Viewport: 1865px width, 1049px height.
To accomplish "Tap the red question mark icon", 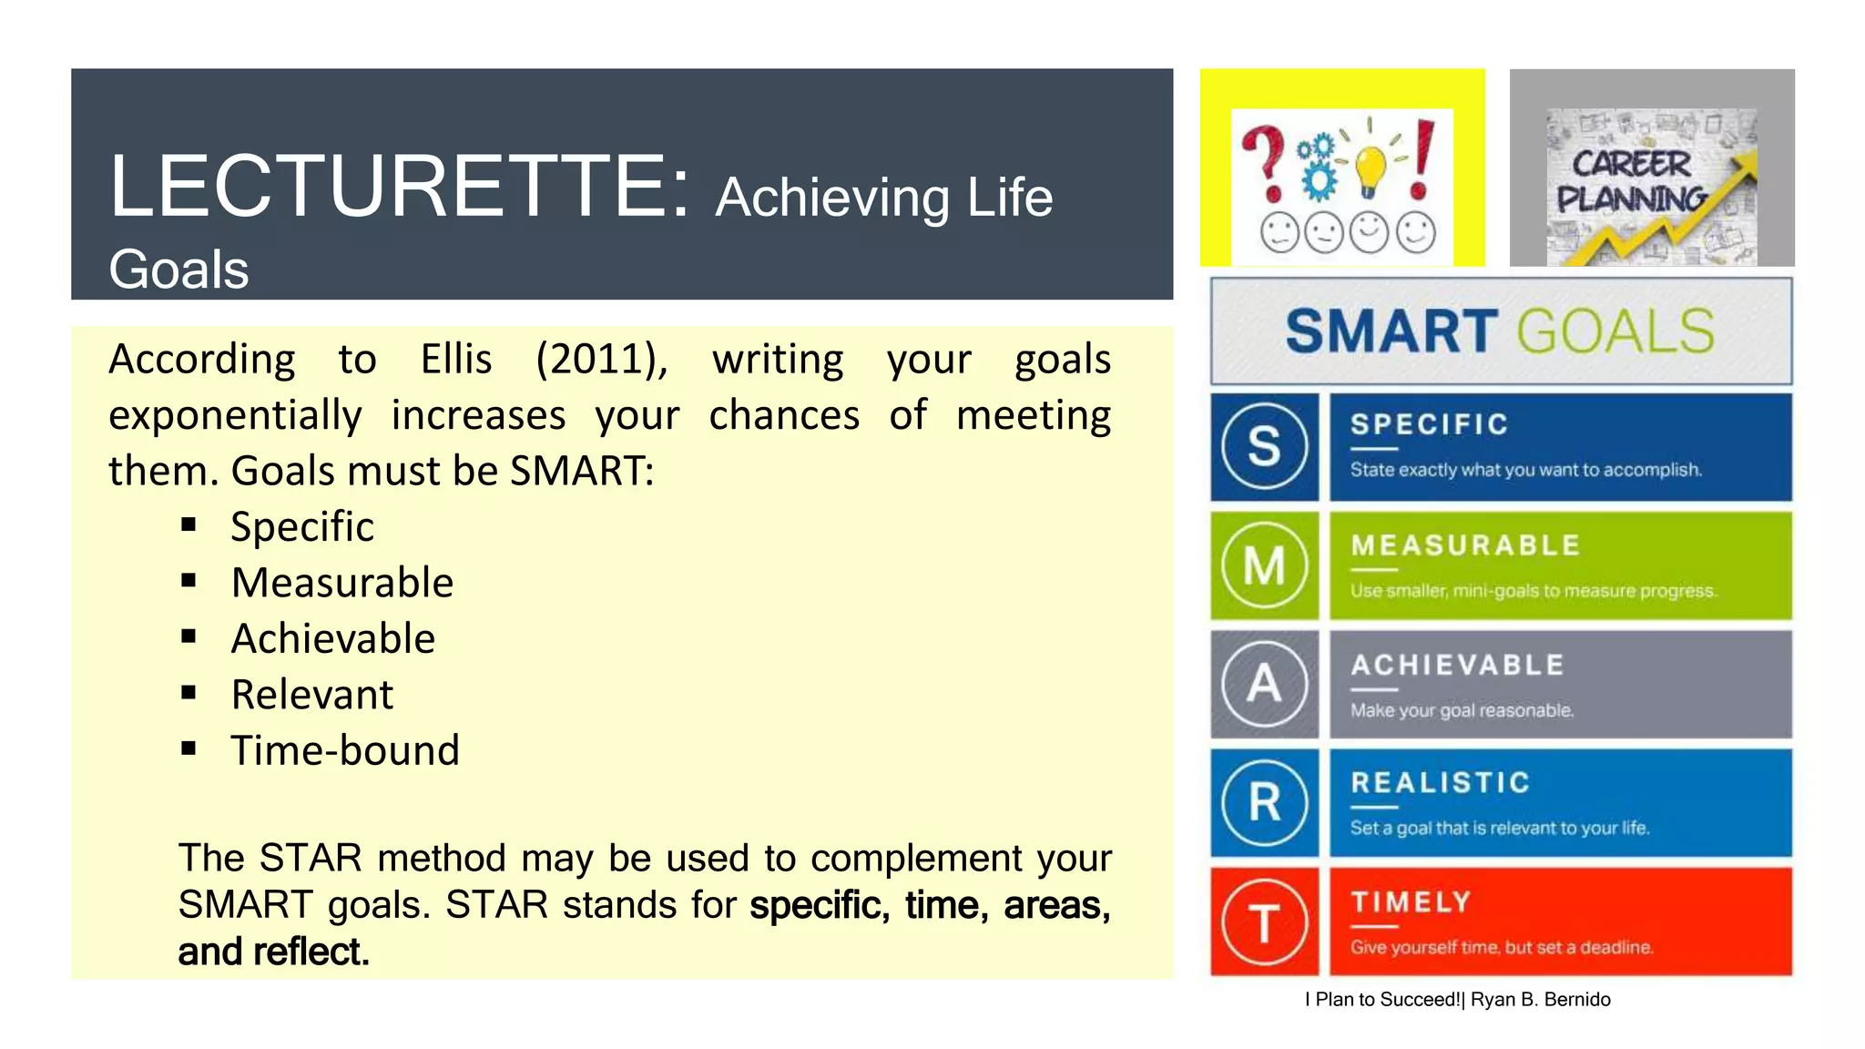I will [x=1265, y=162].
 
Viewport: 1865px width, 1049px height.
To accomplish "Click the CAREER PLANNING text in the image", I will [x=1630, y=181].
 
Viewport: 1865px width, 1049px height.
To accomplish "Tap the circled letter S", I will [x=1264, y=447].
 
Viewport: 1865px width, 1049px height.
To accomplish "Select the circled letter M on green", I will [x=1264, y=565].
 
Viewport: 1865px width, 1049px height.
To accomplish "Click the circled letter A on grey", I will [x=1264, y=684].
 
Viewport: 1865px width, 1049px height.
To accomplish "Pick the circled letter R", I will [x=1264, y=803].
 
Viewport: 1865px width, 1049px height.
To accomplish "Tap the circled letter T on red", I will [x=1264, y=922].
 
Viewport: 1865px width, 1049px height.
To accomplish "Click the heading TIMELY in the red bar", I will [x=1411, y=902].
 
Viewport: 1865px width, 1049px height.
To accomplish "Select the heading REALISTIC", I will [x=1440, y=783].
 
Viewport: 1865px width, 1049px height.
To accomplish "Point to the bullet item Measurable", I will [x=342, y=583].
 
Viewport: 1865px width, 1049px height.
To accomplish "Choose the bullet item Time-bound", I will [x=345, y=751].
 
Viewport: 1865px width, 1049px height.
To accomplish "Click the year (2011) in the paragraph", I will [x=601, y=359].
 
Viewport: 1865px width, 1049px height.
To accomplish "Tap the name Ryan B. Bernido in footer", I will [x=1540, y=1000].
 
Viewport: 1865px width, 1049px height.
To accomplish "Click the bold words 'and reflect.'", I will [x=273, y=952].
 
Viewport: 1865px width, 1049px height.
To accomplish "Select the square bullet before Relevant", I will [x=189, y=693].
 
